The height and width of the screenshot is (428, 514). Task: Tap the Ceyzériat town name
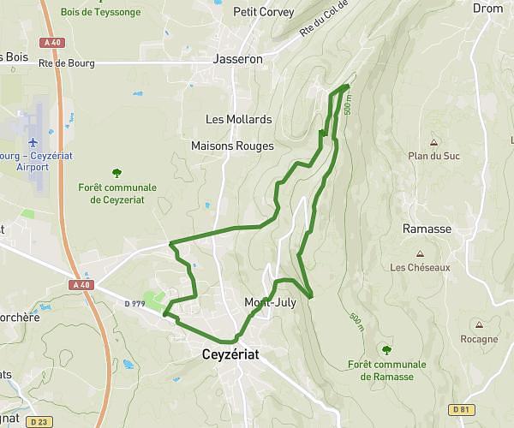pyautogui.click(x=230, y=353)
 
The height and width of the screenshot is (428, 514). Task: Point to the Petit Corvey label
pyautogui.click(x=263, y=12)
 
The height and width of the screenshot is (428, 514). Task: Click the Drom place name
pyautogui.click(x=488, y=8)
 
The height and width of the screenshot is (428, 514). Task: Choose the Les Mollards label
pyautogui.click(x=238, y=119)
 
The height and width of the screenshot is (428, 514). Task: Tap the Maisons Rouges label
pyautogui.click(x=232, y=146)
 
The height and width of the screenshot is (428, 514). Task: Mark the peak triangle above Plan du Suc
pyautogui.click(x=433, y=142)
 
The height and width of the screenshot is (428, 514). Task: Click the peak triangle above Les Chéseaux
pyautogui.click(x=420, y=253)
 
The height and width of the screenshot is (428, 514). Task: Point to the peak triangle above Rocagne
pyautogui.click(x=479, y=325)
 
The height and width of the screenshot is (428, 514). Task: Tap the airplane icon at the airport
pyautogui.click(x=33, y=142)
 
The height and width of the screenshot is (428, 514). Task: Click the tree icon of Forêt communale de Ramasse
pyautogui.click(x=386, y=349)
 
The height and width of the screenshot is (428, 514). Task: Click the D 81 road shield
pyautogui.click(x=462, y=409)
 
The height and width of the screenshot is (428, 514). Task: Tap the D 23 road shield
pyautogui.click(x=38, y=421)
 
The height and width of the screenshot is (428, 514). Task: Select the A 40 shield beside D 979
pyautogui.click(x=81, y=284)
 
